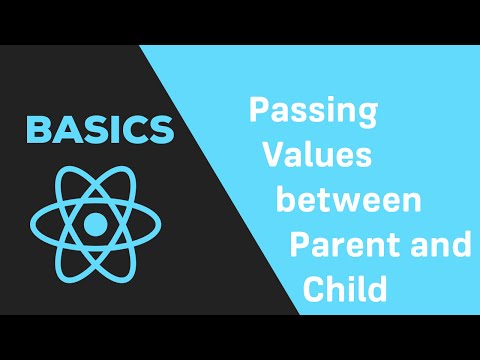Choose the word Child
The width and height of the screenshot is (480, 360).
[x=344, y=290]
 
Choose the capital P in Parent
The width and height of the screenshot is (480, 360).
[x=299, y=245]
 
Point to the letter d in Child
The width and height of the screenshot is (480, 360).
[x=375, y=290]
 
